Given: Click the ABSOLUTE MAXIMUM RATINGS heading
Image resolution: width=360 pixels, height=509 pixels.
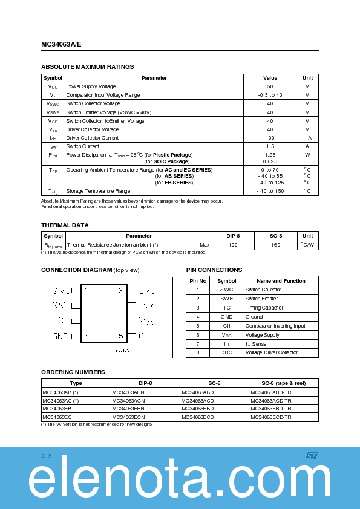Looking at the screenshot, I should tap(87, 67).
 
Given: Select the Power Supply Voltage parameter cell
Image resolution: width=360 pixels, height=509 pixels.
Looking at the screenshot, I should tap(91, 86).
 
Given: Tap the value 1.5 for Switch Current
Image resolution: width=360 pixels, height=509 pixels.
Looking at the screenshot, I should tap(270, 146).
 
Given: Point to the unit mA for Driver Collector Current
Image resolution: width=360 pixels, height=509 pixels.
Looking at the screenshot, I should tap(307, 138).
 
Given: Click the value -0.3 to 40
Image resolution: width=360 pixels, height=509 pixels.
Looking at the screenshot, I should tap(270, 95).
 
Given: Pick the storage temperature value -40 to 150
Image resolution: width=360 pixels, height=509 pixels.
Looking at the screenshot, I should tap(270, 191).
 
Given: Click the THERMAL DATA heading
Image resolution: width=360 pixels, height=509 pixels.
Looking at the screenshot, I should tap(65, 225).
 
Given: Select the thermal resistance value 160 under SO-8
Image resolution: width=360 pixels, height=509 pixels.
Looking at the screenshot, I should tap(276, 245).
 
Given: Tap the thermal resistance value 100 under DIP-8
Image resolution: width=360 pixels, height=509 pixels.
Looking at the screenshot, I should tap(233, 245).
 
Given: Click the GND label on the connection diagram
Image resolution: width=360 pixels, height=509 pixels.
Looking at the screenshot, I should tap(61, 336).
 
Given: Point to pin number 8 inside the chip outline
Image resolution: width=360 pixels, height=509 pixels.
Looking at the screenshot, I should tap(120, 291).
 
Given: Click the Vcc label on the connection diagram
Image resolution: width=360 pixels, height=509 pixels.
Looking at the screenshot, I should tap(146, 320).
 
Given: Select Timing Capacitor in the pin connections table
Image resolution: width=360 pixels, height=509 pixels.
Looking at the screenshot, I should tap(264, 308).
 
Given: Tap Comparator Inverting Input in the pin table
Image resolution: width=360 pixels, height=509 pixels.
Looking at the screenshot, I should tap(275, 326).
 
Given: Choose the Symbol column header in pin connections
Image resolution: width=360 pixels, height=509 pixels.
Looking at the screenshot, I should tap(226, 281).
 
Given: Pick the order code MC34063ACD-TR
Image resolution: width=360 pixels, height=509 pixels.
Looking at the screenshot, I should tap(271, 400).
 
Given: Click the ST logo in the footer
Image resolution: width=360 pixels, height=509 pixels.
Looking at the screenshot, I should tap(312, 455).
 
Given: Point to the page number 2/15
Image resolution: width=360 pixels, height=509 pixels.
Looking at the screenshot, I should tap(47, 455).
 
